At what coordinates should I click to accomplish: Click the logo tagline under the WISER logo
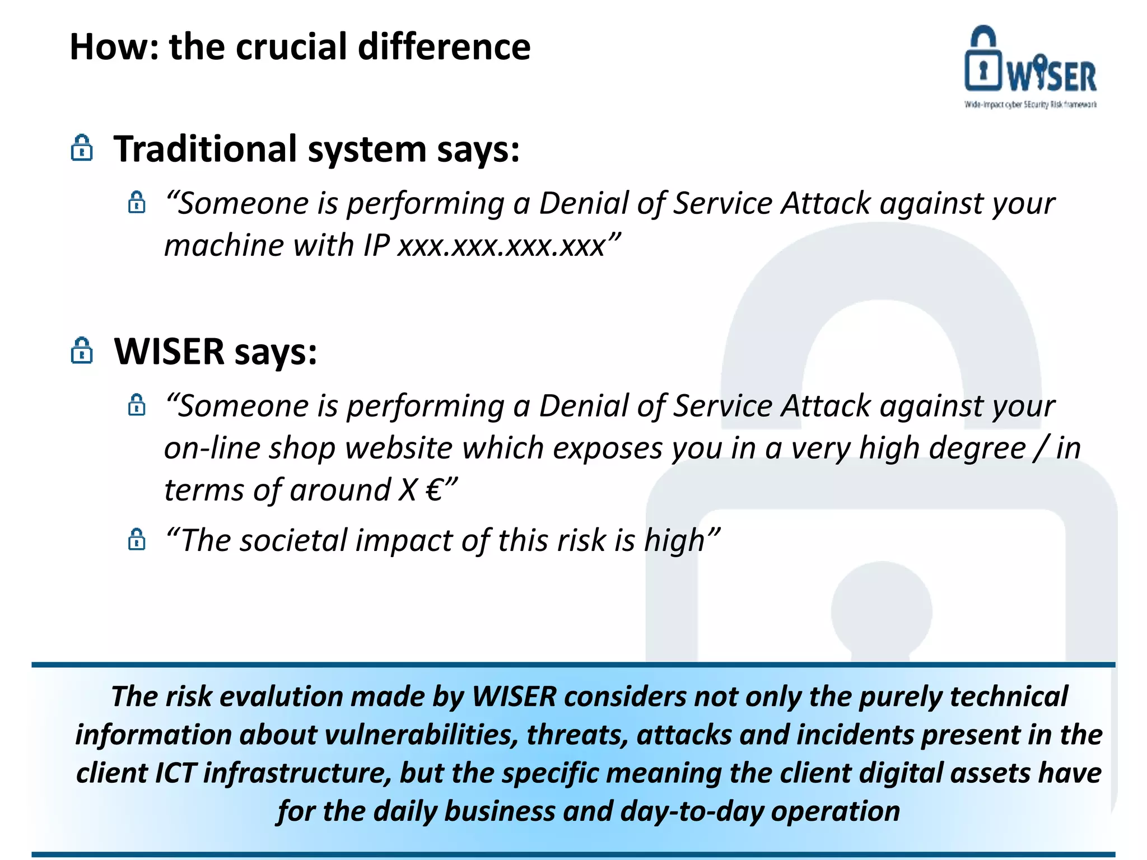tap(1030, 105)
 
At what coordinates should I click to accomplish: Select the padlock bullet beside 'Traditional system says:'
tap(82, 148)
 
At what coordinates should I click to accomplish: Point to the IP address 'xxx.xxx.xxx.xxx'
tap(502, 246)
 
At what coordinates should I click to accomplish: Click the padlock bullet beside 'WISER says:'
tap(82, 351)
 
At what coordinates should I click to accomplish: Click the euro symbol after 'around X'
tap(434, 490)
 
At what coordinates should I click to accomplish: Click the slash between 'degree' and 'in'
tap(1041, 448)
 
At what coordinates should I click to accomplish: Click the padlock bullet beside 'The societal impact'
tap(137, 540)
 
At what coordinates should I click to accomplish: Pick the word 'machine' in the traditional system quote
tap(224, 246)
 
